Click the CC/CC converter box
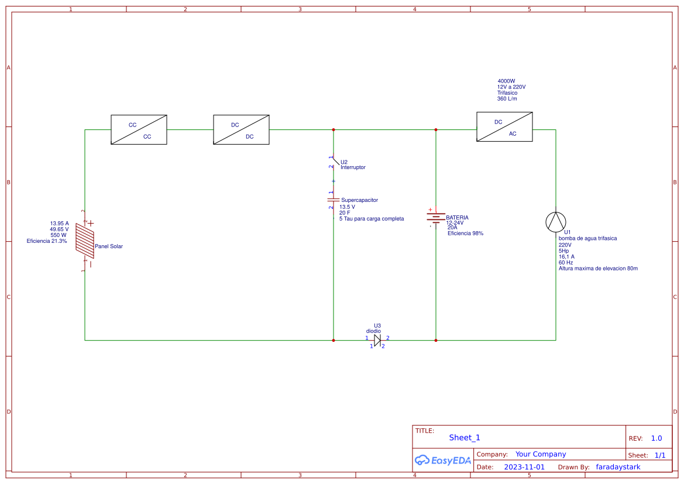(139, 129)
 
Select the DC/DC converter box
(241, 129)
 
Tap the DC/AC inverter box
(504, 127)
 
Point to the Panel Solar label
(109, 246)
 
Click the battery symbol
(435, 218)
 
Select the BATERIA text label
(457, 218)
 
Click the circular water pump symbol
(556, 222)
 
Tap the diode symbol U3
(377, 340)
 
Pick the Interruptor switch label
(353, 167)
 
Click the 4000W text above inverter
(506, 81)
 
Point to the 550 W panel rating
(59, 235)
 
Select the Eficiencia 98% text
(465, 233)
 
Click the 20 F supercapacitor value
(345, 212)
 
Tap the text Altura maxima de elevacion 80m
(598, 269)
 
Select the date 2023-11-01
(524, 467)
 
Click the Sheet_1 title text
(465, 438)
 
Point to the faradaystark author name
(618, 467)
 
